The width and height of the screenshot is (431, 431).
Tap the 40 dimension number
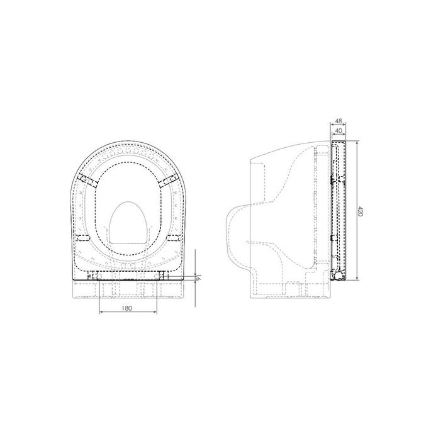click(x=339, y=130)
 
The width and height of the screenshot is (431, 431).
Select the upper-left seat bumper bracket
click(x=88, y=181)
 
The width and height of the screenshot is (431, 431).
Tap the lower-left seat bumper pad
click(x=82, y=238)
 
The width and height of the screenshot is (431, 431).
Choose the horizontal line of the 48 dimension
click(x=337, y=125)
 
